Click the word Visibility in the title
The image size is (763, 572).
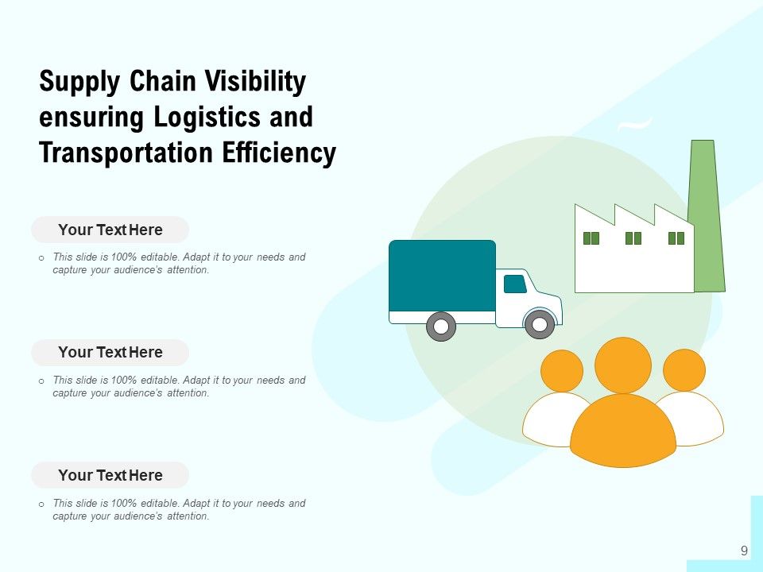255,81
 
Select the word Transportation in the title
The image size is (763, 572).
126,153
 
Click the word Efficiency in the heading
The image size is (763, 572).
279,153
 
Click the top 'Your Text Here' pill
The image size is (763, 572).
110,230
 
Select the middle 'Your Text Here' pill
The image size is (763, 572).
110,352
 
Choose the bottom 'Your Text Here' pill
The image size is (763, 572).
110,475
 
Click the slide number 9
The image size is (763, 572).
744,551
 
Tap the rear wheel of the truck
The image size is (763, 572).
441,327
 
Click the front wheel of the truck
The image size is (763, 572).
540,324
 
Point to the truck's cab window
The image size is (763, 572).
515,284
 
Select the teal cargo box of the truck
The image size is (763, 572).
443,276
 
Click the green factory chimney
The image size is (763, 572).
707,216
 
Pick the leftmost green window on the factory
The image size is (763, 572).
591,238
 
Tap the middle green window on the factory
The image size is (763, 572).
633,238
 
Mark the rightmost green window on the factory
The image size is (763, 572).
676,238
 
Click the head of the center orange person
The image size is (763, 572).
623,365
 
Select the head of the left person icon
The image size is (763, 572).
562,371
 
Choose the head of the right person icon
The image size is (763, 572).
684,370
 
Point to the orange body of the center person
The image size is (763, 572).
623,431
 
